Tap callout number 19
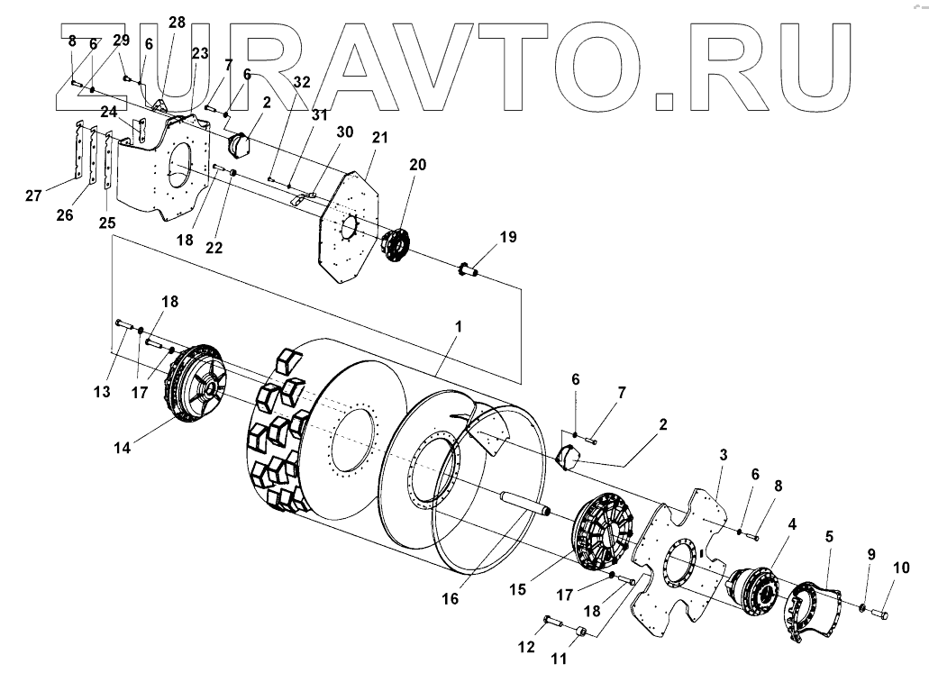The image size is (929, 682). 508,238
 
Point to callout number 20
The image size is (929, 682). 417,165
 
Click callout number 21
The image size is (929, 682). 379,137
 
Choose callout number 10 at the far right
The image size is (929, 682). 902,568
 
